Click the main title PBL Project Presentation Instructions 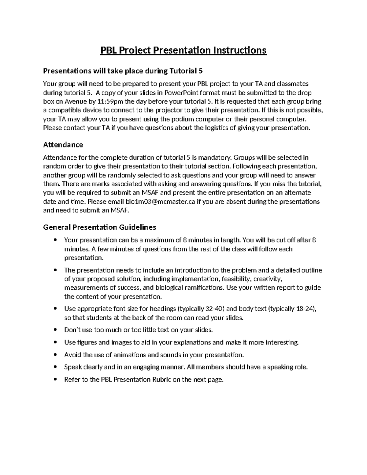[183, 50]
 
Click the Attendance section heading [63, 144]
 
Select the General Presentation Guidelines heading [100, 227]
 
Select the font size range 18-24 [305, 309]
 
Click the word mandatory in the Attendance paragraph [217, 158]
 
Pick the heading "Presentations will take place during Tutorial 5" [123, 71]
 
